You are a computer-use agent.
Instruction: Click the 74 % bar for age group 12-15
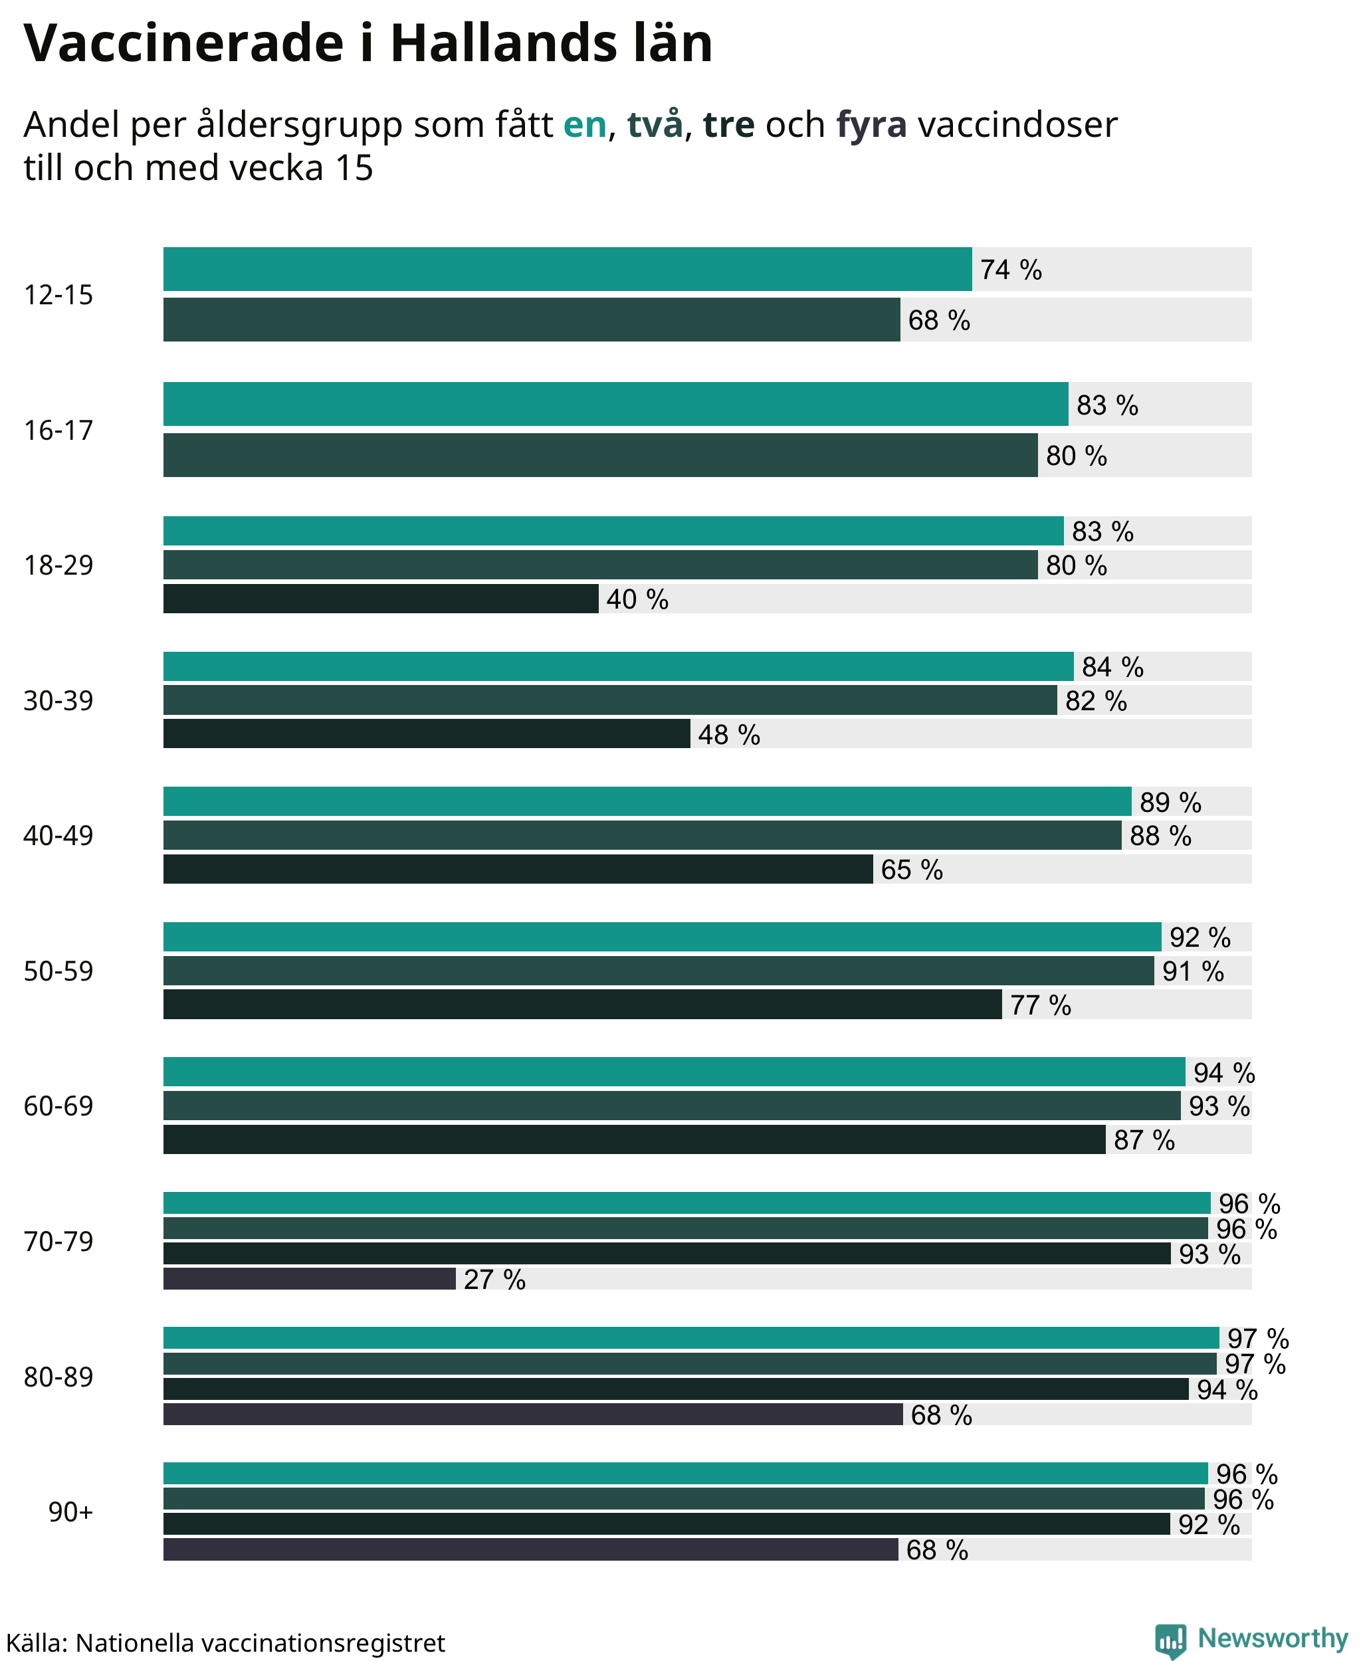coord(568,269)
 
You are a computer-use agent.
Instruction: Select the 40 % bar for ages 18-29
coord(381,599)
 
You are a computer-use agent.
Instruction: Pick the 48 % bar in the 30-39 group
coord(427,733)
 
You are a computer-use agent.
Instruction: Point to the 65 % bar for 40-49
coord(518,869)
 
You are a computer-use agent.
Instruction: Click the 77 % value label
coord(1040,1005)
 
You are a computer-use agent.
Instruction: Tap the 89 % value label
coord(1170,802)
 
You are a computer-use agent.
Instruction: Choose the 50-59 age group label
coord(58,971)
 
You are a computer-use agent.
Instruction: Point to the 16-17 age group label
coord(58,431)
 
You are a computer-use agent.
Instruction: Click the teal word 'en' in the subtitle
coord(585,125)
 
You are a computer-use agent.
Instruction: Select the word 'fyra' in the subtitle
coord(871,126)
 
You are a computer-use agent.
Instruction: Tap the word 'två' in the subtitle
coord(655,124)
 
